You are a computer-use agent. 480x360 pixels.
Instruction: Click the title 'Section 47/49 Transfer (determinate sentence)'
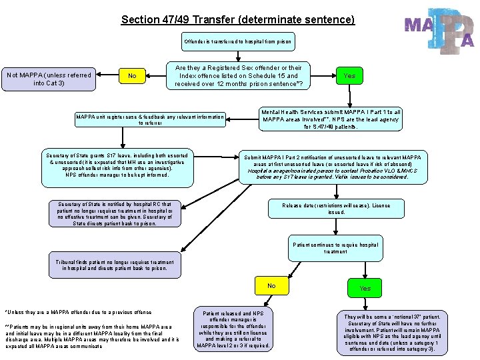[238, 19]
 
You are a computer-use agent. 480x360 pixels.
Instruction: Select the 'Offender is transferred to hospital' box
[238, 42]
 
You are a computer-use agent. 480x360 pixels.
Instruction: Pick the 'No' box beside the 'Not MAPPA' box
[132, 76]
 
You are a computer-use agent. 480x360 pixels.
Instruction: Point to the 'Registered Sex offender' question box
[238, 76]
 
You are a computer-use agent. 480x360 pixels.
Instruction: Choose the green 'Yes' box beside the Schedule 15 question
[349, 76]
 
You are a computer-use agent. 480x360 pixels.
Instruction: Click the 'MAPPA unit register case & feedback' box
[150, 119]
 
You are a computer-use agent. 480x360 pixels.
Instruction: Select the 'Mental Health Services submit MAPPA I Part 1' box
[331, 119]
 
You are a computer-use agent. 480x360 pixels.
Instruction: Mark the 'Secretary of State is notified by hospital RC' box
[115, 214]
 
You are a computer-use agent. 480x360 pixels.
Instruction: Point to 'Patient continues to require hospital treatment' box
[335, 248]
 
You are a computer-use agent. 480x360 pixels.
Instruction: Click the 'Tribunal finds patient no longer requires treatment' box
[115, 265]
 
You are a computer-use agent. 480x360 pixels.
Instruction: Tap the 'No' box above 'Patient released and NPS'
[271, 286]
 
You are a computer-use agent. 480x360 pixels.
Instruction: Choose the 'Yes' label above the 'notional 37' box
[365, 289]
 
